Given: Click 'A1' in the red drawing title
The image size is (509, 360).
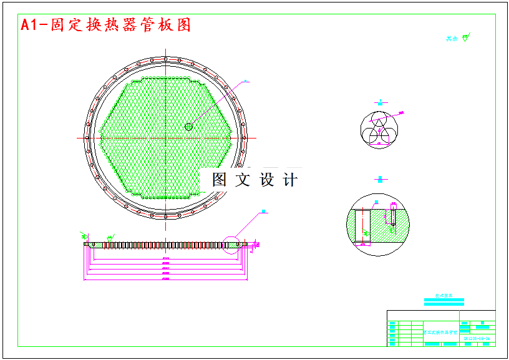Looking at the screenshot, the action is pos(28,25).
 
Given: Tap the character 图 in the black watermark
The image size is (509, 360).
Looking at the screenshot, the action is pos(219,180).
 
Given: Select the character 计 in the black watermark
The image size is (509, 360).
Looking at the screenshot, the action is pos(290,180).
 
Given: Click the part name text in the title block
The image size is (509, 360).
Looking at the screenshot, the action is pos(441,333).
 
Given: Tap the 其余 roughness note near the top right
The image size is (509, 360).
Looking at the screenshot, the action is pos(452,39).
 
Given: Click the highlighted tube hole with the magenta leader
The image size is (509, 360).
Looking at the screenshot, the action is pos(188,127).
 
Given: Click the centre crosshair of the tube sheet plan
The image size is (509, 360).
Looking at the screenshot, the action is pos(165,137).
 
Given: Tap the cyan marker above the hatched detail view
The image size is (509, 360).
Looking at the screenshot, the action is pos(380,180).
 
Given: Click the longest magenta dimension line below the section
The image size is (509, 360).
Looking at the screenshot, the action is pos(165,279).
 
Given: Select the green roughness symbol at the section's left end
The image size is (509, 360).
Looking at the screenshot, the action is pos(84,235).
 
